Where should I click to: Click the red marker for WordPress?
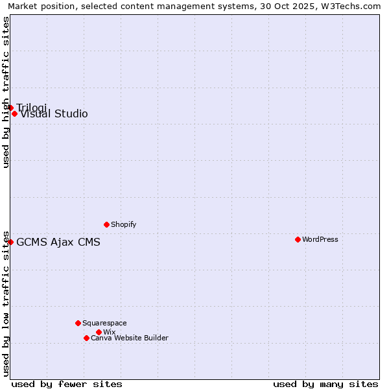tap(298, 239)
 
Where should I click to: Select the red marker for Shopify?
tap(106, 224)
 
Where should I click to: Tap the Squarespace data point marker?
tap(78, 323)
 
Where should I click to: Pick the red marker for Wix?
tap(99, 332)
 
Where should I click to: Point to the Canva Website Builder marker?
tap(86, 338)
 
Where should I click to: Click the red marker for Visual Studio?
tap(14, 113)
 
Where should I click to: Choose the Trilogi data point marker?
tap(10, 108)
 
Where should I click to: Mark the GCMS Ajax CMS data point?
tap(10, 242)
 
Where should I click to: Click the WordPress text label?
tap(320, 239)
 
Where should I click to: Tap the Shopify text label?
tap(124, 224)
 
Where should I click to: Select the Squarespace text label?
tap(104, 323)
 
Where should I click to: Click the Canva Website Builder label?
tap(130, 338)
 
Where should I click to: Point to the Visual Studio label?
tap(54, 114)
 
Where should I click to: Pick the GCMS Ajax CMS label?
tap(58, 242)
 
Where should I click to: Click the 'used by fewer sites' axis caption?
tap(67, 384)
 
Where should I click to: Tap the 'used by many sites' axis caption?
tap(325, 384)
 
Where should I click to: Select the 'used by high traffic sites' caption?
tap(6, 92)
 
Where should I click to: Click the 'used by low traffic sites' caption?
tap(6, 303)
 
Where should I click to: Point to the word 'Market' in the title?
tap(23, 6)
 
